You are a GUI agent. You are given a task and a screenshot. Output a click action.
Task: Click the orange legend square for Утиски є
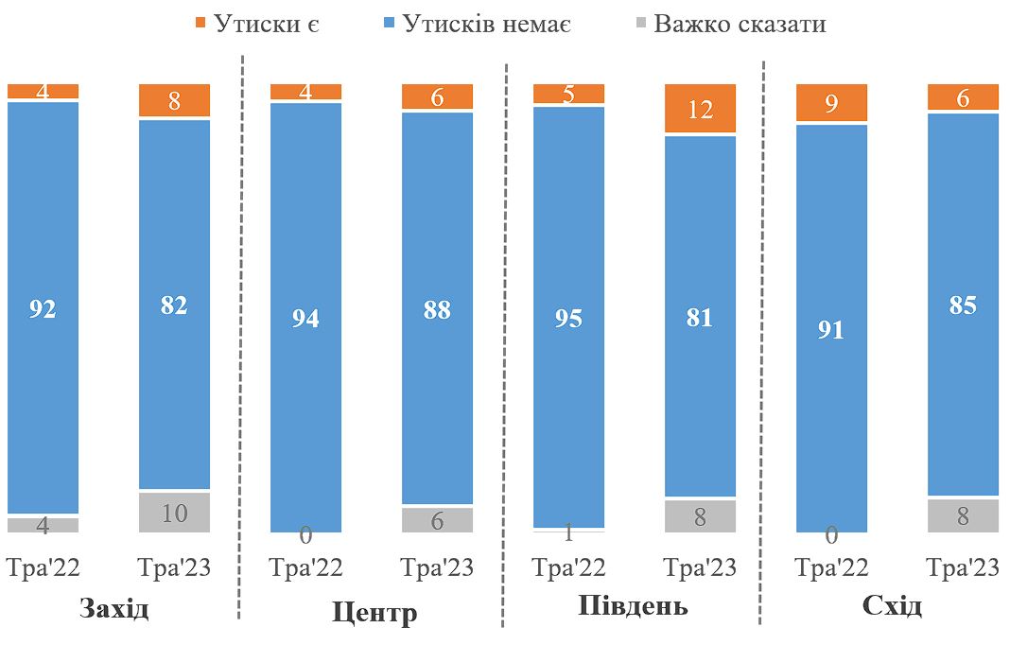coord(199,24)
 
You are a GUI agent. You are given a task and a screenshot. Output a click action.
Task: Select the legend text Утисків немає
coord(486,24)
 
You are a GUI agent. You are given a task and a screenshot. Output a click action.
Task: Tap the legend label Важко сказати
coord(740,24)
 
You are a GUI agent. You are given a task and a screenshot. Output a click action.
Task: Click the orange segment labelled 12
coord(700,109)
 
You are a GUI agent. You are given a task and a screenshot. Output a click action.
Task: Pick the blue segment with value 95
coord(569,317)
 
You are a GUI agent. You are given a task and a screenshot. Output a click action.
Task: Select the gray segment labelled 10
coord(174,514)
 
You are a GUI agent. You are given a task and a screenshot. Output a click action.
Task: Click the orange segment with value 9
coord(831,103)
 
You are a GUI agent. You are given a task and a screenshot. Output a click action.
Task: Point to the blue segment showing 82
coord(174,304)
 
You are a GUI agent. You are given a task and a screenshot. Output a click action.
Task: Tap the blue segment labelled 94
coord(305,318)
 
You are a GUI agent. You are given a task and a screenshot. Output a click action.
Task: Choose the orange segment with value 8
coord(174,100)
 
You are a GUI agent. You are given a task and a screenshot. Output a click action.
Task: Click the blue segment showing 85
coord(963,305)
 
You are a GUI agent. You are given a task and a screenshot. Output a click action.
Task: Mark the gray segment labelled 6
coord(437,520)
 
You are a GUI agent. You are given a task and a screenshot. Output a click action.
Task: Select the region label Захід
coord(114,608)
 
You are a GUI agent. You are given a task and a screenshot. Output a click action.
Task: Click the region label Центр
coord(374,613)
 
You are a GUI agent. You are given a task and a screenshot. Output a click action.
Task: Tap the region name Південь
coord(633,606)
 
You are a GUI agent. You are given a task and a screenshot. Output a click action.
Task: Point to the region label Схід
coord(892,606)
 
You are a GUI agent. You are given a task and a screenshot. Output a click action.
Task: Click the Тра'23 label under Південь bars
coord(700,568)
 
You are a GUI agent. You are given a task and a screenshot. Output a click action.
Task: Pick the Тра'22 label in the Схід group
coord(831,568)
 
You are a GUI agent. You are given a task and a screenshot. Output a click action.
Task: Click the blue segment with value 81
coord(700,316)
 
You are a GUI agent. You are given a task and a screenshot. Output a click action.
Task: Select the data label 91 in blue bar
coord(831,331)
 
